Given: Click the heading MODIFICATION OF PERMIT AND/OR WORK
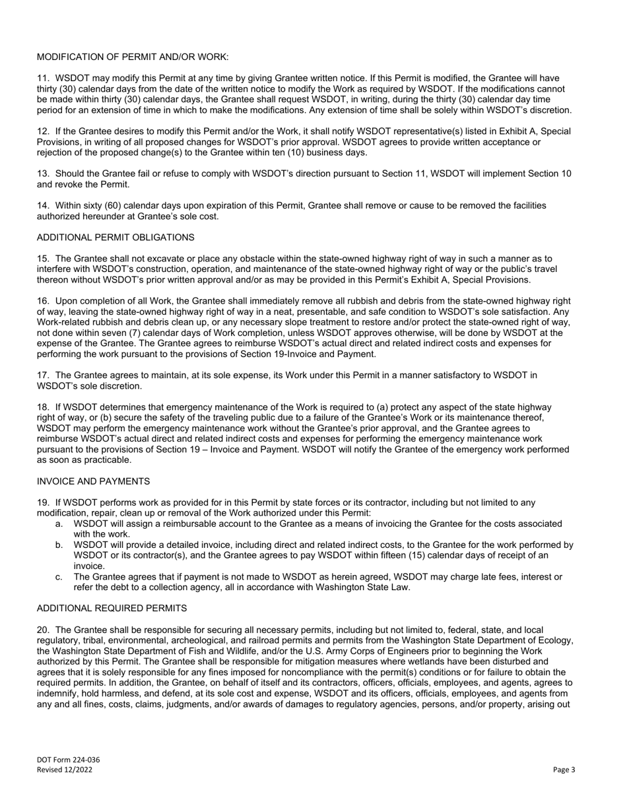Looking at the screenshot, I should click(133, 57).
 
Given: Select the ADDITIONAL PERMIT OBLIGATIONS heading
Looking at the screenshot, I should click(115, 237).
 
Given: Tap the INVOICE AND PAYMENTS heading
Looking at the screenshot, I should click(93, 481).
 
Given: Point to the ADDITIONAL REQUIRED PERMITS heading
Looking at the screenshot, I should click(112, 608).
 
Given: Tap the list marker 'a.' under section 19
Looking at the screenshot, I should click(59, 524).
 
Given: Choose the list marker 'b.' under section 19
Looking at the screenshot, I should click(59, 545).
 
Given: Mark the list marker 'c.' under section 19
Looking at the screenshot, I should click(59, 576).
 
